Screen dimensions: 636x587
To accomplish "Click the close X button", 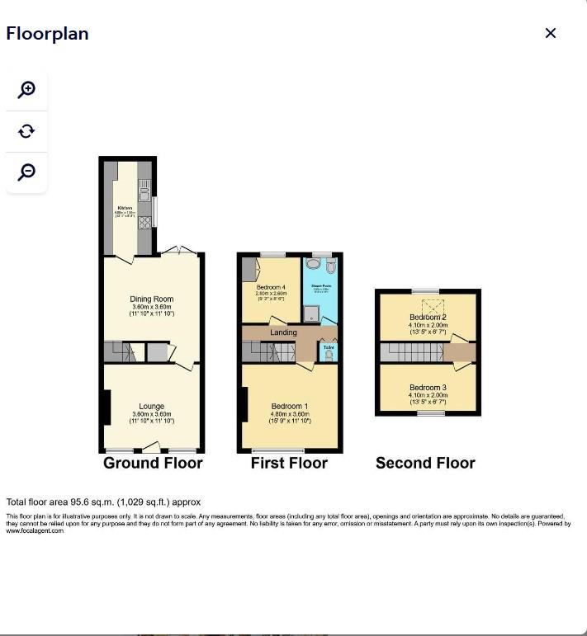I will click(551, 33).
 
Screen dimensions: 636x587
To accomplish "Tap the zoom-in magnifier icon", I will click(27, 89).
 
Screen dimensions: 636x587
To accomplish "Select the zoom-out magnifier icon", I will click(27, 172).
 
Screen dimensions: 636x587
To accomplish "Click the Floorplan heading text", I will click(47, 34).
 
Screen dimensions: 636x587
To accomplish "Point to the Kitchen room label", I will click(125, 208).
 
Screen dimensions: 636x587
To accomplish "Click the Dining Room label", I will click(152, 299).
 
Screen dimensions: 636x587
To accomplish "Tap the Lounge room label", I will click(152, 407).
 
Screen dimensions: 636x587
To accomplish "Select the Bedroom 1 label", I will click(290, 407).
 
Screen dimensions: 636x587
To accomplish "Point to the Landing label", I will click(283, 332).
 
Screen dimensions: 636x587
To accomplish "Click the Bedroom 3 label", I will click(428, 388).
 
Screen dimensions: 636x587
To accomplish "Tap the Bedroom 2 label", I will click(428, 318).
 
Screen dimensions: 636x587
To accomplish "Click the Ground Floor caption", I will click(153, 463).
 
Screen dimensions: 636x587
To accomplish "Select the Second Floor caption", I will click(425, 463).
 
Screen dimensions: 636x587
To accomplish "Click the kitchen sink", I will click(144, 196).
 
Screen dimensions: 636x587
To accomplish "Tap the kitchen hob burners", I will click(144, 221).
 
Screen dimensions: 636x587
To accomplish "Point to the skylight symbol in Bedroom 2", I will click(426, 304).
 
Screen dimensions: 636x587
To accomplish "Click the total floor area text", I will click(103, 502).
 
